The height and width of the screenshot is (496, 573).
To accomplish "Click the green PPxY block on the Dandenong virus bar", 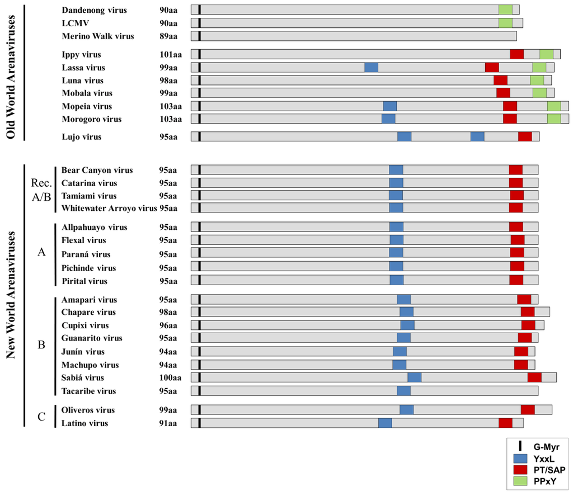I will click(x=505, y=10).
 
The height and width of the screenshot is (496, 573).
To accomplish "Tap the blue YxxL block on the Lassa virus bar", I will click(x=371, y=67).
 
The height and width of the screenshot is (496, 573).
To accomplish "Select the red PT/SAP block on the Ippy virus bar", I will click(x=516, y=54).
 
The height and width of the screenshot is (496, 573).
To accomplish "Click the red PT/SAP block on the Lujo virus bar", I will click(x=525, y=136).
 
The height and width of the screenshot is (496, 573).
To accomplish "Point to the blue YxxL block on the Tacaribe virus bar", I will click(x=403, y=390).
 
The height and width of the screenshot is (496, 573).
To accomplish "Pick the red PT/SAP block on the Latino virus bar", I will click(x=505, y=423).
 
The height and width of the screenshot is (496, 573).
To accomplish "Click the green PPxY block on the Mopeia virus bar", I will click(x=554, y=106).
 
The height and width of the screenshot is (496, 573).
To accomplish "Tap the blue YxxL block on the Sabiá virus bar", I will click(x=414, y=377).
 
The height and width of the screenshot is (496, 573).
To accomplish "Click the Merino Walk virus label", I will click(x=98, y=36).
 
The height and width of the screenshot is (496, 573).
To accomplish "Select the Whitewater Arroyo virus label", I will click(x=109, y=208).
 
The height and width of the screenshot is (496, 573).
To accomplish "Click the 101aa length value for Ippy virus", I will click(x=170, y=54).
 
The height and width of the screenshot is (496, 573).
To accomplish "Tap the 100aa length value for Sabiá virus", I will click(x=170, y=377).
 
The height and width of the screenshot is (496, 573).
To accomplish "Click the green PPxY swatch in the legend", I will click(x=520, y=480).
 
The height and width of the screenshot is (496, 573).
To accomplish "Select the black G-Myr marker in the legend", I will click(x=520, y=446).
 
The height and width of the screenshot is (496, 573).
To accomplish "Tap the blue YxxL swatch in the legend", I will click(x=520, y=458).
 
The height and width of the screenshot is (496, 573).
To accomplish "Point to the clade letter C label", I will click(x=41, y=417).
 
